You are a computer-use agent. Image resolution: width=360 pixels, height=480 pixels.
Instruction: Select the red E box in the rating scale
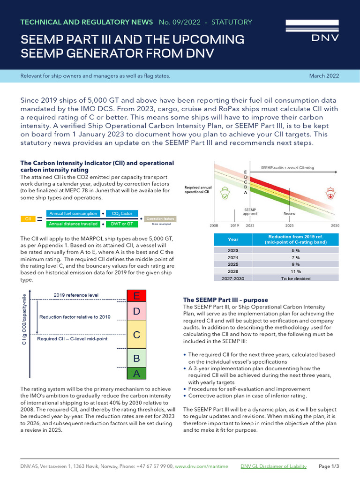click(136, 296)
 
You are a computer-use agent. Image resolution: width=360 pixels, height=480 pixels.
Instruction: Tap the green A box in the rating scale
click(136, 373)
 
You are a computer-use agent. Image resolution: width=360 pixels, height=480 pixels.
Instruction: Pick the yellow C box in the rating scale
click(136, 335)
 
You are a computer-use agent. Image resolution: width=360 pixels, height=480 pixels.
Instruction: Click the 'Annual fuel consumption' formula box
click(73, 214)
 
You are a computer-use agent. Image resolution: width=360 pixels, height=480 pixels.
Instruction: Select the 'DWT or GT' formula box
click(121, 224)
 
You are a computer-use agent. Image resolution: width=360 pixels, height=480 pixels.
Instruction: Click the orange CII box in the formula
click(28, 219)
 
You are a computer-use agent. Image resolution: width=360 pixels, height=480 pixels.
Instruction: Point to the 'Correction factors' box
click(160, 219)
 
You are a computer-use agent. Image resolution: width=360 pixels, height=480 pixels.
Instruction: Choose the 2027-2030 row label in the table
click(233, 278)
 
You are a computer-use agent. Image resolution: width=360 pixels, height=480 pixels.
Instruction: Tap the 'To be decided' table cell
click(295, 278)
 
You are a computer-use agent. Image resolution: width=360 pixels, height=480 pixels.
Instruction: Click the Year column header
click(233, 239)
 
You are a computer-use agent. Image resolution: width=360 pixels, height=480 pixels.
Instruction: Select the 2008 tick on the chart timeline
click(214, 225)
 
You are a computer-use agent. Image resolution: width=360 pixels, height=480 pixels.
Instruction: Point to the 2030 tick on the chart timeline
click(335, 225)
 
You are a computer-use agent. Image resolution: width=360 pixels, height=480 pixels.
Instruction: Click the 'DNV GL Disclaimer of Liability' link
click(273, 466)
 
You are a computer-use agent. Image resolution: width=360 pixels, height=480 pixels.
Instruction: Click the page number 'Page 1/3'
click(329, 466)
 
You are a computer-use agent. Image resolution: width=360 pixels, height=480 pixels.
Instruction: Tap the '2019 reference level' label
click(76, 295)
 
